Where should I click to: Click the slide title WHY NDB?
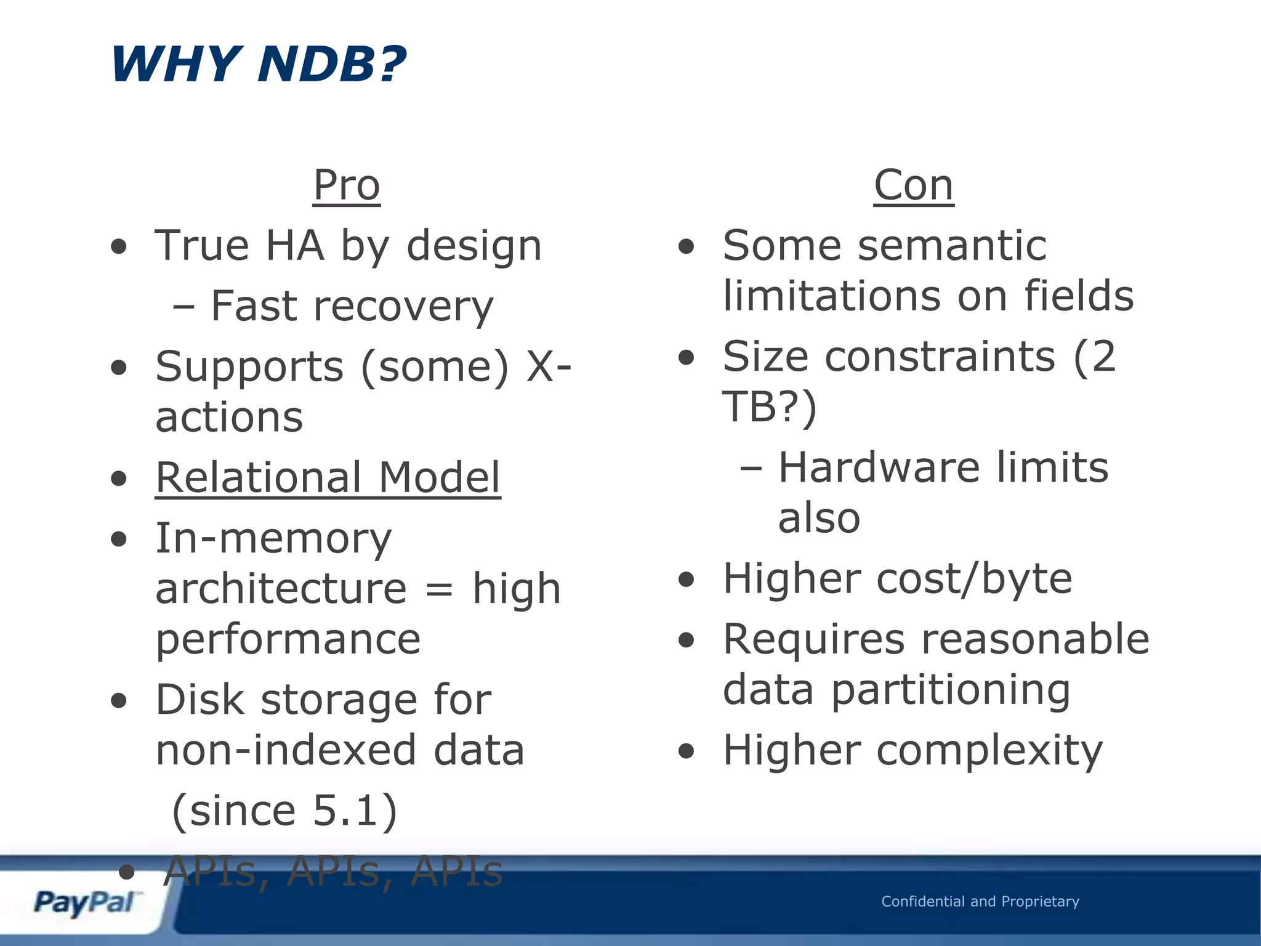pos(258,64)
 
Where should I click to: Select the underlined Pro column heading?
pos(347,185)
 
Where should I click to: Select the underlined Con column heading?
pos(914,185)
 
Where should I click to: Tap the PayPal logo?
pos(85,903)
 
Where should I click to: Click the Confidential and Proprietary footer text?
pos(980,902)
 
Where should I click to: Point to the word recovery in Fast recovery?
pos(403,307)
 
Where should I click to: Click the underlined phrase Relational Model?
pos(328,478)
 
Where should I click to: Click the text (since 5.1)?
pos(284,811)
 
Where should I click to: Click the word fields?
pos(1078,296)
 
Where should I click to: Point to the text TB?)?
pos(769,407)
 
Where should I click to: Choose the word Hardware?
pos(878,467)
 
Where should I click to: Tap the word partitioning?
pos(951,691)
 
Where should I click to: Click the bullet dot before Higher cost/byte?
pos(686,580)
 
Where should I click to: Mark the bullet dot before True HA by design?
pos(119,247)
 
